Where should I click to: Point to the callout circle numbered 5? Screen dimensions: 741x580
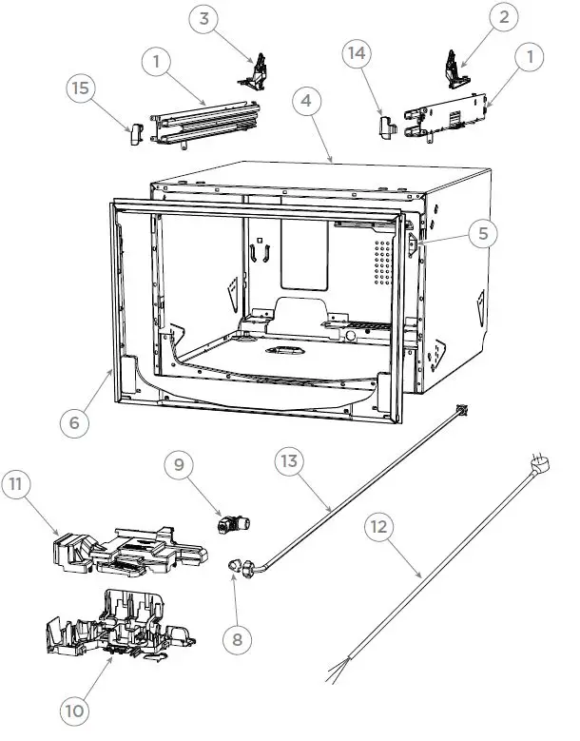coord(483,232)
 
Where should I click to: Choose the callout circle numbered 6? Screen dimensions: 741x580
coord(74,422)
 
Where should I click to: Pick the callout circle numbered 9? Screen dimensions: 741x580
coord(180,466)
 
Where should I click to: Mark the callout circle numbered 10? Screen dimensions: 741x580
coord(75,710)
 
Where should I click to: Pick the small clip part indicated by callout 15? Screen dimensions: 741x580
coord(134,133)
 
